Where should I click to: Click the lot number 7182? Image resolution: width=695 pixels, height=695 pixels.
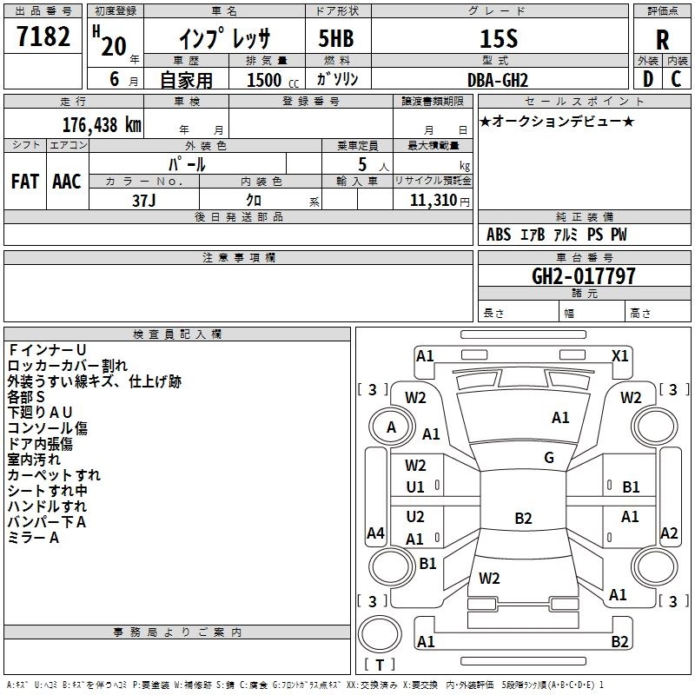[x=43, y=36]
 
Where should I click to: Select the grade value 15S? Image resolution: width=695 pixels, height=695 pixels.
[x=499, y=38]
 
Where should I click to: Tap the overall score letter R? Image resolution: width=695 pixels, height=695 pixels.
[x=662, y=40]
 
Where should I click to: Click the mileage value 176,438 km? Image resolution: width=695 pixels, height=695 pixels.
[x=102, y=125]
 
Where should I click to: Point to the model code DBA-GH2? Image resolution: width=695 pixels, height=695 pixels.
[x=498, y=80]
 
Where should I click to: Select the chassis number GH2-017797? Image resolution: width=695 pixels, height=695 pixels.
[x=583, y=276]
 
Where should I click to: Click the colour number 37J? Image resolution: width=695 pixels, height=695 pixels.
[x=143, y=201]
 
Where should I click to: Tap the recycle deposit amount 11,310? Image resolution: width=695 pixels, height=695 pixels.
[x=433, y=201]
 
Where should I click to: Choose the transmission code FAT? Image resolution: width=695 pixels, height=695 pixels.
[x=25, y=182]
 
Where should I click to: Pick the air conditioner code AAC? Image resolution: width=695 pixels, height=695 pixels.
[x=67, y=182]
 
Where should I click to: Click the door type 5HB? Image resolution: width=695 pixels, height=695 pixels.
[x=336, y=38]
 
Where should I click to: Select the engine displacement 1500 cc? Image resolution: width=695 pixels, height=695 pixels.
[x=273, y=80]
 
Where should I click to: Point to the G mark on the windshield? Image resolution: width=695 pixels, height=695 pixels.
[x=549, y=458]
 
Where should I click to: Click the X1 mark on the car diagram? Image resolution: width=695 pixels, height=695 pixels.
[x=619, y=356]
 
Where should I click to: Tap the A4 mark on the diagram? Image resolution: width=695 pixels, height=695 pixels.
[x=375, y=533]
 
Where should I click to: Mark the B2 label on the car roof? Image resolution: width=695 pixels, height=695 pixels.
[x=523, y=518]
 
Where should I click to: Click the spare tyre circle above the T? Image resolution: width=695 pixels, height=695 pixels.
[x=380, y=634]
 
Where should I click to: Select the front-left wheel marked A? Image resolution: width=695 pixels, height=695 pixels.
[x=391, y=427]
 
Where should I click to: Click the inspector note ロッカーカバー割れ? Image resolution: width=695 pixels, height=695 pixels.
[x=68, y=366]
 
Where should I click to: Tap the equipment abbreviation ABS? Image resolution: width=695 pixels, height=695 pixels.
[x=498, y=235]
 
